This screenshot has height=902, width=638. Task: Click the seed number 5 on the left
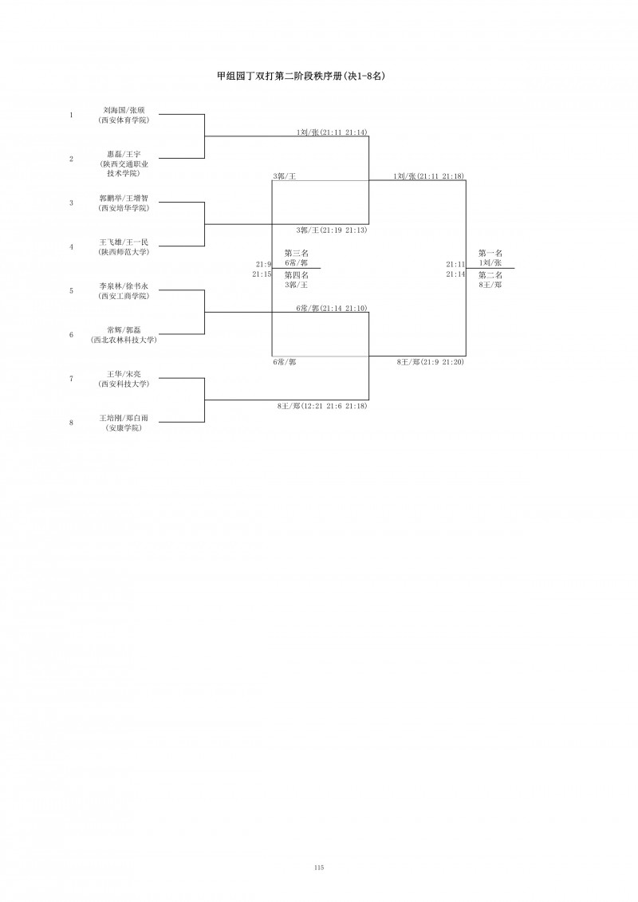(71, 291)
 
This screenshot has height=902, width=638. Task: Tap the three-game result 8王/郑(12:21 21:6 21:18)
(322, 406)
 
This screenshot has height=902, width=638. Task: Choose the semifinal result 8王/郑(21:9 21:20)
(431, 362)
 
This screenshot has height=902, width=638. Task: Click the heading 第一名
(490, 253)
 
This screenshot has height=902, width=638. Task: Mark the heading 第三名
(297, 253)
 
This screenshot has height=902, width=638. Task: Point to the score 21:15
(262, 274)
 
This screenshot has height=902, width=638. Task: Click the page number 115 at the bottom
(319, 868)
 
